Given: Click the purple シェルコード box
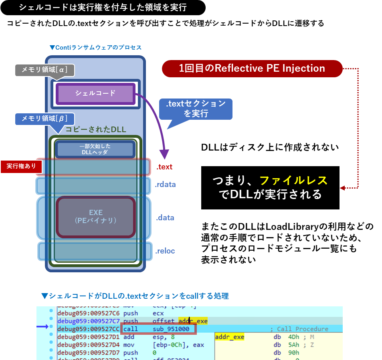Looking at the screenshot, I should pos(95,94).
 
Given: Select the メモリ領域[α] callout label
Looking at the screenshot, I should pos(44,70).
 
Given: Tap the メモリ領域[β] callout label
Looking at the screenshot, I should pos(44,119).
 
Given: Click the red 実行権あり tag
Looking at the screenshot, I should pos(21,166).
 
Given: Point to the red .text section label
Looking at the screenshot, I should pos(164,167).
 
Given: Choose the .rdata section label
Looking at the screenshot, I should pos(165,185).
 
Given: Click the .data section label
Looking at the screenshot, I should pos(165,218).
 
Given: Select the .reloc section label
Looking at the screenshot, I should pos(165,251).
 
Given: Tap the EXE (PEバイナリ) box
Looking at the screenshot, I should pos(95,217).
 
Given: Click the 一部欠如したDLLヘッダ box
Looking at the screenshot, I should pos(95,149).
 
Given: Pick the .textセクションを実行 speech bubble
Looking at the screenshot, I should pos(196,109).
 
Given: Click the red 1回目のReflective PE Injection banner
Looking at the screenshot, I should pos(252,68).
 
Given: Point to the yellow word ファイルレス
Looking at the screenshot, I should pos(293,181).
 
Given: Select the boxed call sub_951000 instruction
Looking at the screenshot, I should pos(158,329).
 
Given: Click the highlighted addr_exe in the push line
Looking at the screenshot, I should pos(193,321).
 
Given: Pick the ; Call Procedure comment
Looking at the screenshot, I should pos(299,329).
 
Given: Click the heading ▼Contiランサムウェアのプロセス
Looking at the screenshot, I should pos(95,47).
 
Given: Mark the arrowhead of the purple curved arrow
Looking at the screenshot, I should pos(164,155).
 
